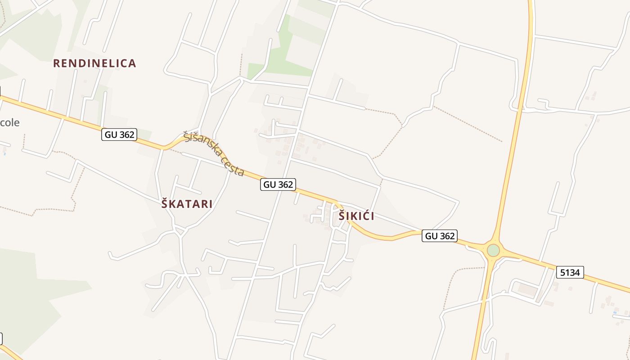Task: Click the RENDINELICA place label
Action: coord(94,63)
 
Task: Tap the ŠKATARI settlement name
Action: coord(187,204)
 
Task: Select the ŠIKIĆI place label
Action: coord(356,216)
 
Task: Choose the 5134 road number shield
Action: coord(570,272)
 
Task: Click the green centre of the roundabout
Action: coord(493,250)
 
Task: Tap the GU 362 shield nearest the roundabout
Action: coord(440,235)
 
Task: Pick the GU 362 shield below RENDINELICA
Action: coord(119,134)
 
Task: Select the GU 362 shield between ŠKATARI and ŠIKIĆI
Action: coord(278,184)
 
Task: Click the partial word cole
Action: coord(9,122)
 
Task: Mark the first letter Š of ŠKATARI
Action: coord(165,204)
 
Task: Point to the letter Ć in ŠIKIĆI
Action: coord(364,216)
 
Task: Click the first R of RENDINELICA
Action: coord(56,63)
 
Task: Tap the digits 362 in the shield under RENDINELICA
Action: coord(126,134)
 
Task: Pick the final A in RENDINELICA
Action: coord(132,63)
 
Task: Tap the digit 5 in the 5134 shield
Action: coord(562,272)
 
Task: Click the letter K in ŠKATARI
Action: coord(173,204)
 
